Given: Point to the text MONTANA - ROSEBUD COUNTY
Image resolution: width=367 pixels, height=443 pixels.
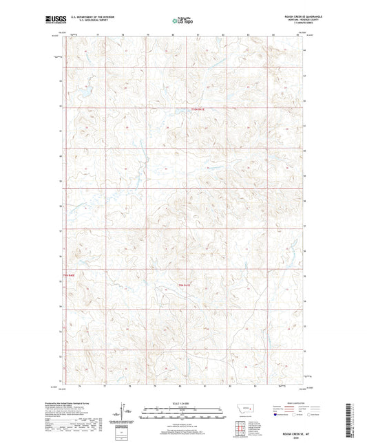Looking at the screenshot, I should pyautogui.click(x=296, y=20).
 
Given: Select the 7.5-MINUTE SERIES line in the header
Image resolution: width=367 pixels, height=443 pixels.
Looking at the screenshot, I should pyautogui.click(x=297, y=23).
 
